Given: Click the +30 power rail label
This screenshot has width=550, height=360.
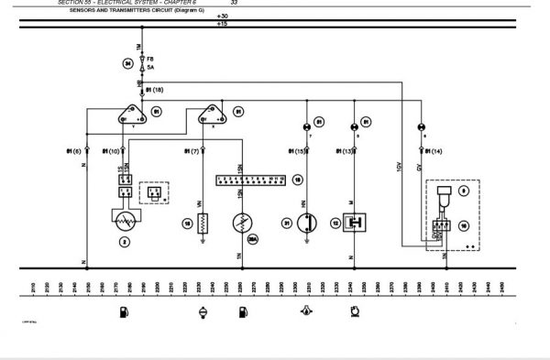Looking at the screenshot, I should point(223,16).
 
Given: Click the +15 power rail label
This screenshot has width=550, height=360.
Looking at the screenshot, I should point(223,26).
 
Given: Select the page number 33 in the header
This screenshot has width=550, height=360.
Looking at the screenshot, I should point(234,3).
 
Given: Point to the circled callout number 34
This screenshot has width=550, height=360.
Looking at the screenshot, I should point(128,63).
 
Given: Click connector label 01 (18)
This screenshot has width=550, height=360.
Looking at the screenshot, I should point(154,91).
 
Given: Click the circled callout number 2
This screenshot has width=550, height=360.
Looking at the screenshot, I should point(125,242).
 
